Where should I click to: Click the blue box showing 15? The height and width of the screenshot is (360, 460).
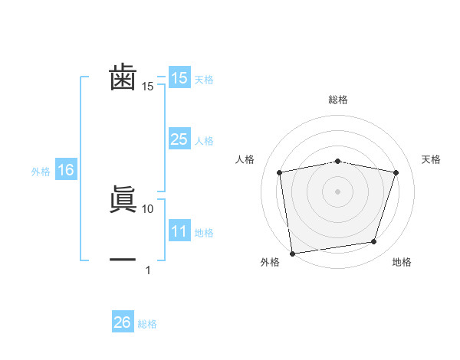(x=179, y=78)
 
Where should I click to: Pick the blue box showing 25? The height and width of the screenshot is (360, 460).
(x=179, y=139)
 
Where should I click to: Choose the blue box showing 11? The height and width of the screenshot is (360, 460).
(x=179, y=231)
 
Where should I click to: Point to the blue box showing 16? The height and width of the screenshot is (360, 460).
(x=66, y=171)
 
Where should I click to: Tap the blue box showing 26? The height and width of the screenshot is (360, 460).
(x=122, y=322)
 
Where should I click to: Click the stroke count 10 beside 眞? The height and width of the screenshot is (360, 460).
(x=148, y=208)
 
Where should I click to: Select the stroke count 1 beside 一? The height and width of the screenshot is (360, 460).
(x=148, y=270)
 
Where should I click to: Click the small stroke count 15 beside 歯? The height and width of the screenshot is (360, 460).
(x=148, y=87)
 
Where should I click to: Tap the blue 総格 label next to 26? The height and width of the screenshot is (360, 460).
(x=147, y=324)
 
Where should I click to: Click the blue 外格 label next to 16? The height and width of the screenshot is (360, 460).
(x=41, y=172)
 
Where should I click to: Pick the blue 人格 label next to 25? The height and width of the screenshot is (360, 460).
(x=204, y=141)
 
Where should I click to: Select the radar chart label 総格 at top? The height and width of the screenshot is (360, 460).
(x=337, y=100)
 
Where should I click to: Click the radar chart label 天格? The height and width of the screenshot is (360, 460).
(x=432, y=159)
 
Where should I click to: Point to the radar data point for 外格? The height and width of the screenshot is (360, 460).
(x=292, y=253)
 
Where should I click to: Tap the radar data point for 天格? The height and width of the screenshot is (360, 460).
(x=396, y=172)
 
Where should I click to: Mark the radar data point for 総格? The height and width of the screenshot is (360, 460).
(x=337, y=161)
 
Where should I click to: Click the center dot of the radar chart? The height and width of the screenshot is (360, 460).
(x=337, y=191)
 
